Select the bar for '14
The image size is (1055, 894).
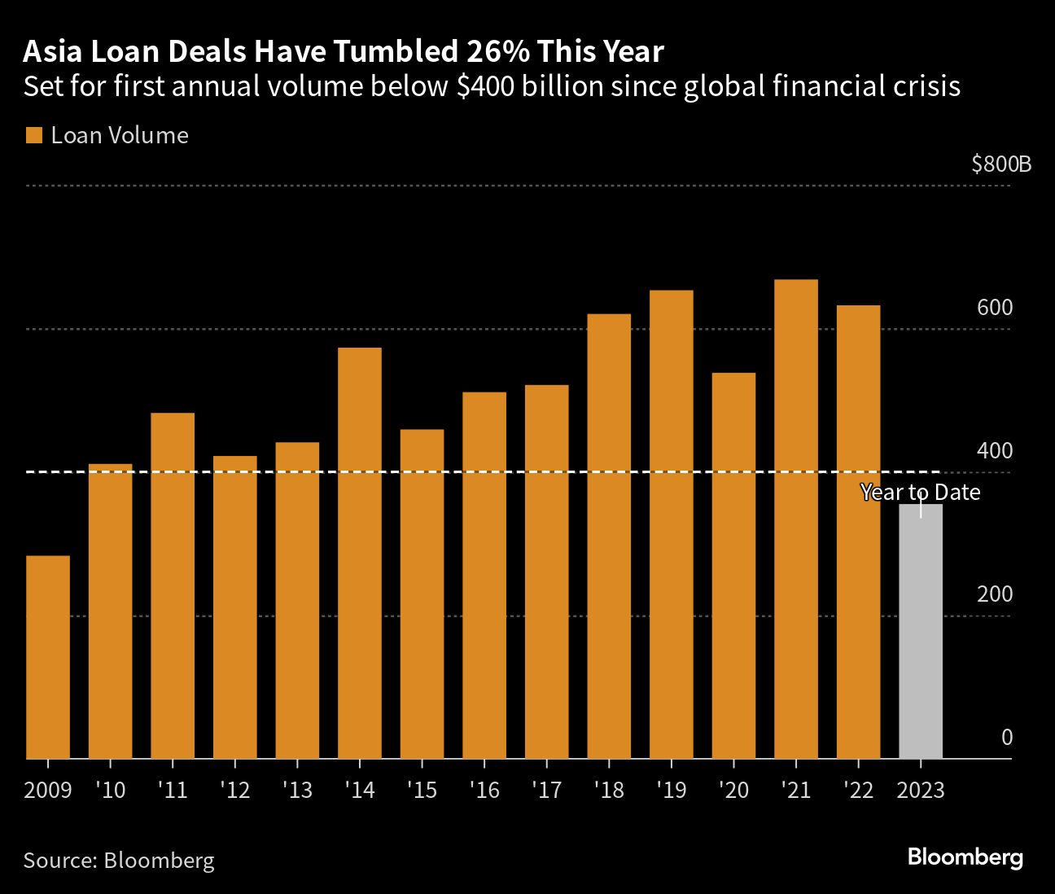coord(359,553)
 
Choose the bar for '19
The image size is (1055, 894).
coord(671,524)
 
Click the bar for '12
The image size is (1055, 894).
coord(234,607)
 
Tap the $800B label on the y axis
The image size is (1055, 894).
coord(1000,164)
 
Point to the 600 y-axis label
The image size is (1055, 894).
coord(995,308)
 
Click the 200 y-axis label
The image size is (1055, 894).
coord(995,594)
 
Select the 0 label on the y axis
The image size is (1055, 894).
coord(1007,738)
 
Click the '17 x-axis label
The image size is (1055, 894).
coord(546,791)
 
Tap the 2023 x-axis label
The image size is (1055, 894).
coord(921,791)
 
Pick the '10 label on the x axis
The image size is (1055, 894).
coord(110,791)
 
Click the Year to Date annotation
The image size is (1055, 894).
coord(921,493)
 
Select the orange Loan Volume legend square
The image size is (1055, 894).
coord(33,135)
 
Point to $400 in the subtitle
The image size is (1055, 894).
coord(485,86)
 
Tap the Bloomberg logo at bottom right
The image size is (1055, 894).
coord(965,857)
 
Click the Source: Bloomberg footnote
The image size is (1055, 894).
coord(119,860)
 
